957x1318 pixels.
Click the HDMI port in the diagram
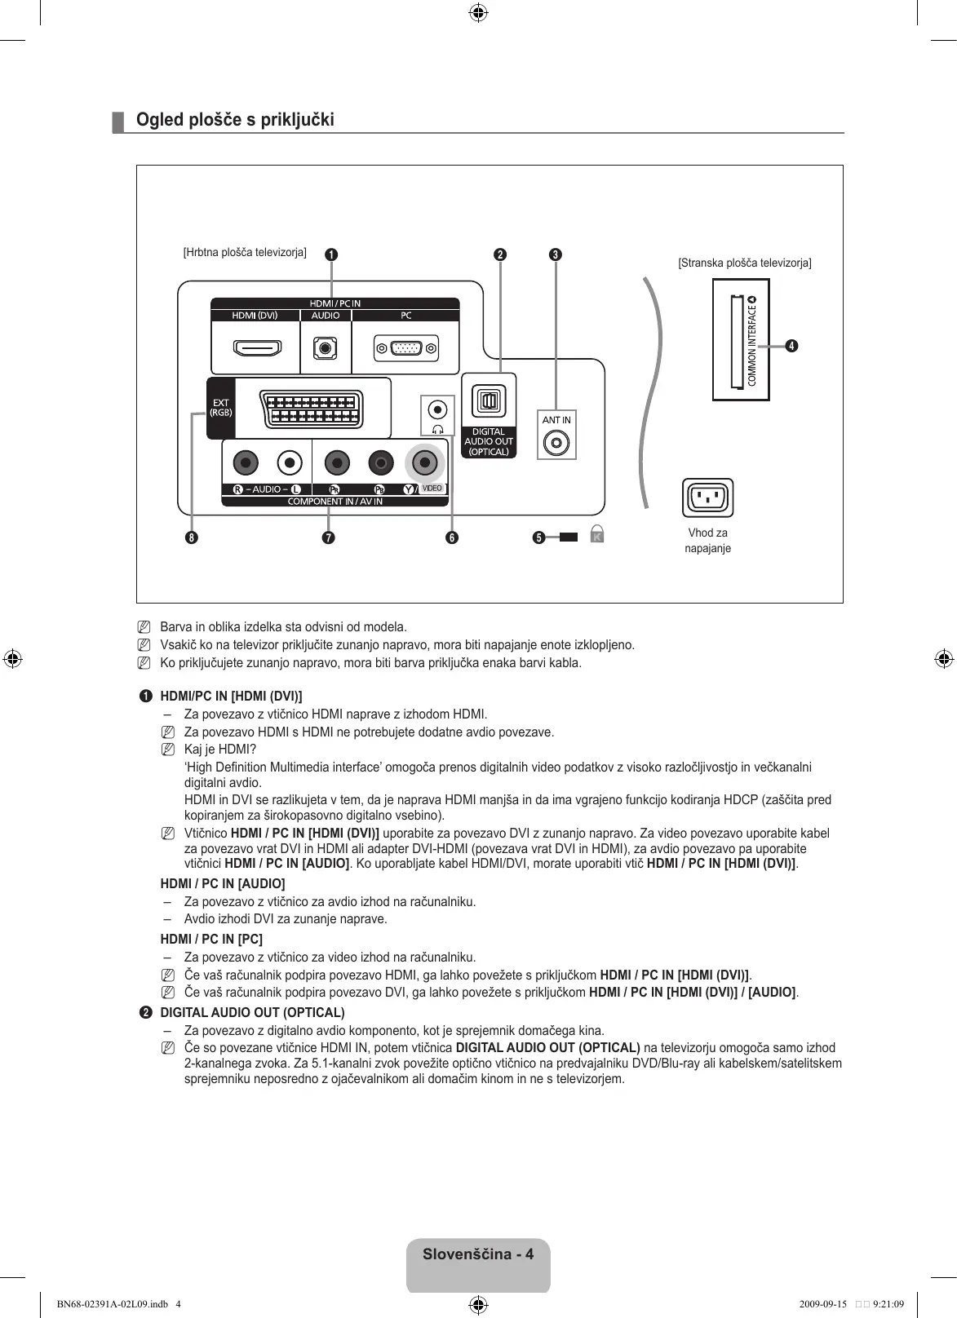(x=257, y=349)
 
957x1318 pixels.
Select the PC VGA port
(x=406, y=349)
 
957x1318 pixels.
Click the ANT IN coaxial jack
(x=557, y=444)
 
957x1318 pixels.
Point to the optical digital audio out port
(x=489, y=400)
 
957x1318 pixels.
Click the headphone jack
(x=438, y=409)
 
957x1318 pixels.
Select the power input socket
(x=707, y=498)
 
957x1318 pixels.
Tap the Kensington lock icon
(x=597, y=535)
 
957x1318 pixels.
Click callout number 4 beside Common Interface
(x=791, y=346)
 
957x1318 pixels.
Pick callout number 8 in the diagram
(x=191, y=537)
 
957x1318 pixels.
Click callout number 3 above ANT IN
(x=555, y=254)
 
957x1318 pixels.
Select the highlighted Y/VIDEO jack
(x=424, y=463)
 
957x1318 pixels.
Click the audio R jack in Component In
(x=245, y=463)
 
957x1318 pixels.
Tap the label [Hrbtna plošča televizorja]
(x=245, y=252)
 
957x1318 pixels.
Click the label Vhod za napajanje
(x=707, y=540)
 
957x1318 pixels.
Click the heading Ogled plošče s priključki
(x=235, y=120)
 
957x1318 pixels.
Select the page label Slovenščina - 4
(x=478, y=1254)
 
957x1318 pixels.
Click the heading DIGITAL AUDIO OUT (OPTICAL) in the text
(x=252, y=1012)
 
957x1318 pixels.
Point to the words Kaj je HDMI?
(x=220, y=749)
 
